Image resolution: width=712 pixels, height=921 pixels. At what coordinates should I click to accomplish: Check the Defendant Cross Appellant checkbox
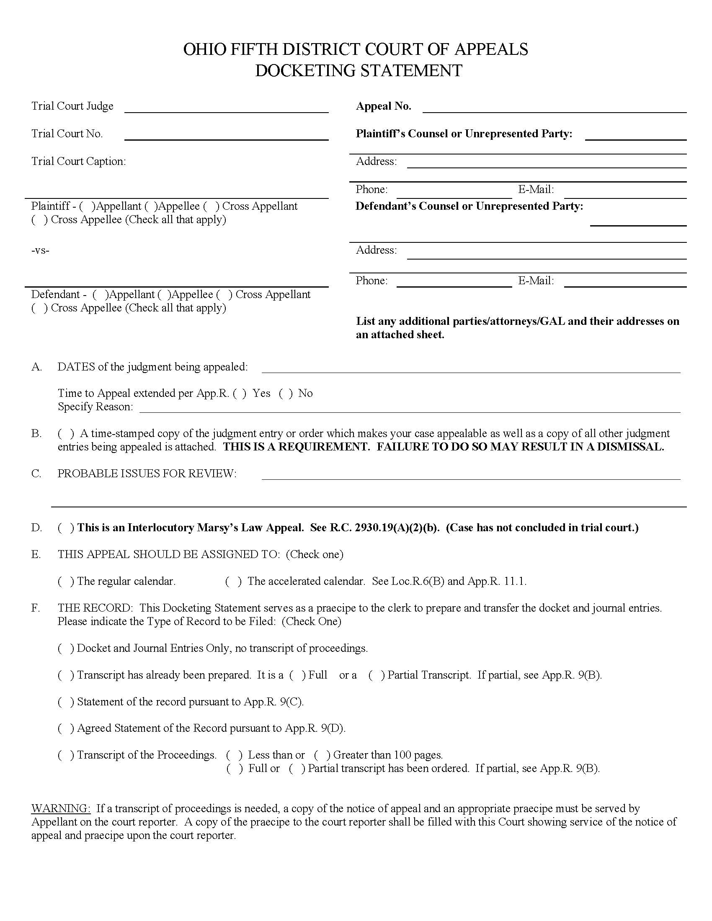click(x=224, y=295)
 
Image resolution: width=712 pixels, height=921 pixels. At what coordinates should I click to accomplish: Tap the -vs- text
click(x=40, y=250)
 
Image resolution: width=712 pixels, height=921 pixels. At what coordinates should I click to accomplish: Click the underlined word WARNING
click(x=60, y=808)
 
